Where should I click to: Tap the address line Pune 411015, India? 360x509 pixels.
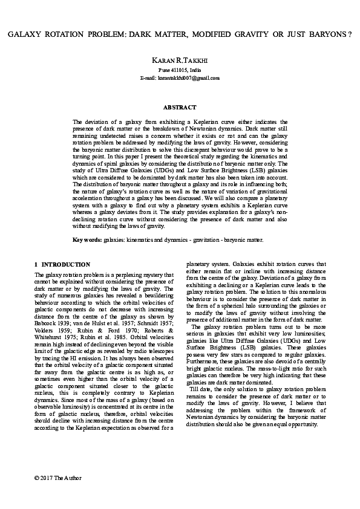pyautogui.click(x=180, y=71)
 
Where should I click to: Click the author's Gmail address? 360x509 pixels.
pyautogui.click(x=180, y=78)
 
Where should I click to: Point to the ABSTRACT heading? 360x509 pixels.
pyautogui.click(x=180, y=107)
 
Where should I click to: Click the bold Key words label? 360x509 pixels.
pyautogui.click(x=87, y=239)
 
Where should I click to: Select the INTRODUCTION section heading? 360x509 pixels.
pyautogui.click(x=66, y=265)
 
